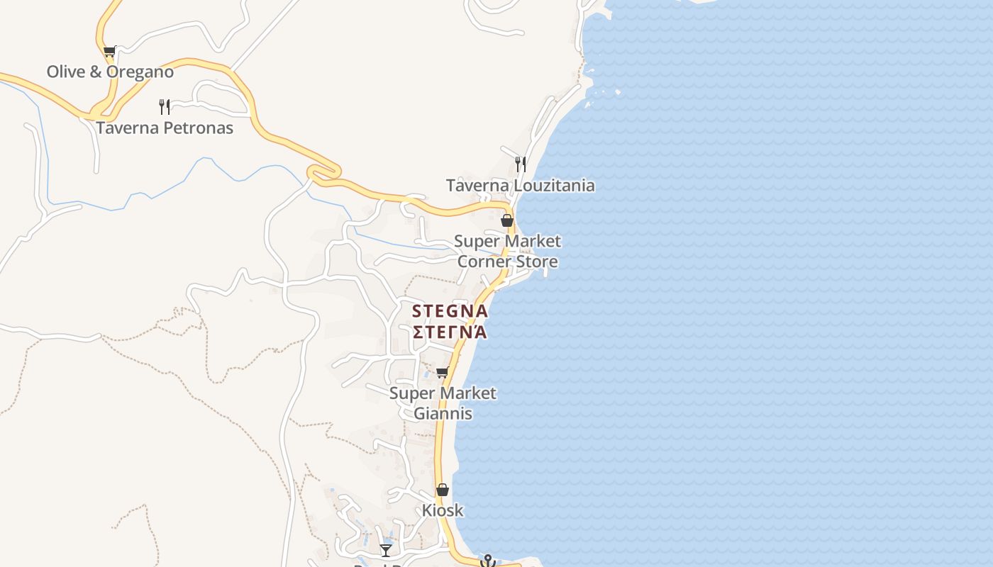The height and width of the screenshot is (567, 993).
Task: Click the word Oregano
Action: point(141,72)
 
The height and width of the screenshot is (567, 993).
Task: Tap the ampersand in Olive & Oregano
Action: point(96,72)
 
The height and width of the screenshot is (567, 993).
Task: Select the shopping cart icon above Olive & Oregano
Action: point(109,51)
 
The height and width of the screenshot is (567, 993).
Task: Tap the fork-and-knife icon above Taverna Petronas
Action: point(165,107)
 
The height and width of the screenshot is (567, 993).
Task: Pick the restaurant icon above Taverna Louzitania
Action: point(521,164)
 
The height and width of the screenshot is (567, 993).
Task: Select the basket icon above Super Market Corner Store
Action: point(507,220)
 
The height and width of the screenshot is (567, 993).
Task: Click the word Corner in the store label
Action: point(484,262)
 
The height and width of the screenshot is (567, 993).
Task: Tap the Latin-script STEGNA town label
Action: point(450,311)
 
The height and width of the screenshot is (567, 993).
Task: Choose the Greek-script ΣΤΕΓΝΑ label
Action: point(450,332)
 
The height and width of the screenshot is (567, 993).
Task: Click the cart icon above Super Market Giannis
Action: point(443,373)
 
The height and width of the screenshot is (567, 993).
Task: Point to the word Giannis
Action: point(443,413)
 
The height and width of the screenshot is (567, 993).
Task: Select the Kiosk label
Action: point(443,510)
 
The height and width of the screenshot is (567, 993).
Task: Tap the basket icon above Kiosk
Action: point(443,490)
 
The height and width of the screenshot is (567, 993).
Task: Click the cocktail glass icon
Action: point(386,550)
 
